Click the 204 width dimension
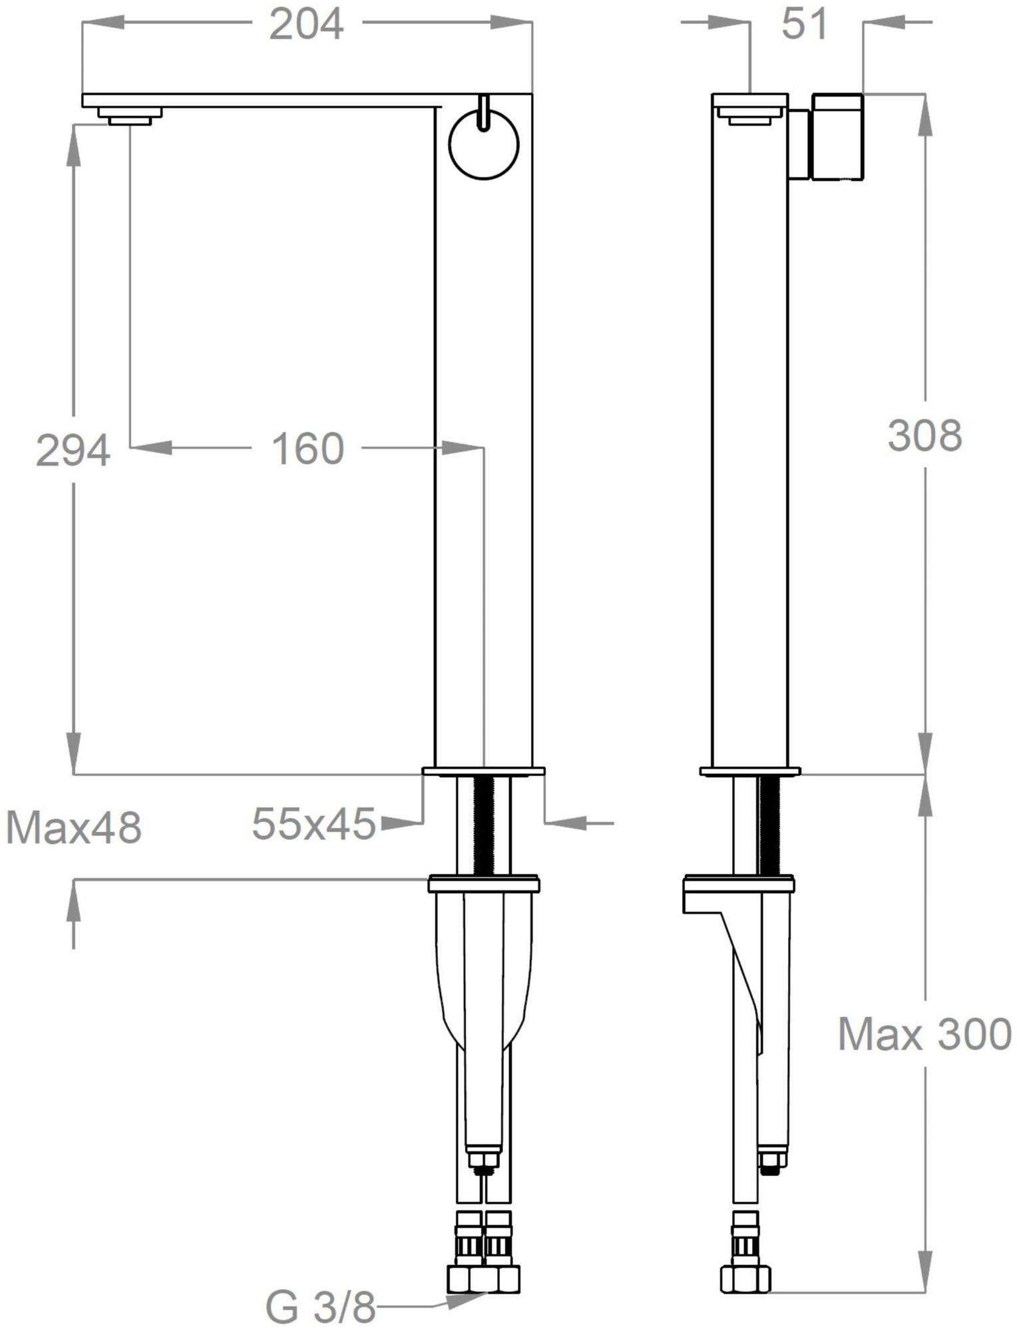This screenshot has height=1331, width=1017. pos(307,25)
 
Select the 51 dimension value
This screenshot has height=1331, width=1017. pos(804,25)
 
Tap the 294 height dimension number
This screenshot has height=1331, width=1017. pos(73,451)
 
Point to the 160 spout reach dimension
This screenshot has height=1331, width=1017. pos(307,449)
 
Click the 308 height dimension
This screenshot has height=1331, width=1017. pos(924,436)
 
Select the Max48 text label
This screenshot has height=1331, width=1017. pos(74,829)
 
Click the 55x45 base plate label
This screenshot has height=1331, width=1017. pos(313,824)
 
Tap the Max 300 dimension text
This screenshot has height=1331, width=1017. pos(924,1034)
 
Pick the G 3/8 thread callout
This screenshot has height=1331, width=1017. pos(321,1308)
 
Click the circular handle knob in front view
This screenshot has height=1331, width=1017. pos(484,145)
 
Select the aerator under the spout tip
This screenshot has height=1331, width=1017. pos(130,116)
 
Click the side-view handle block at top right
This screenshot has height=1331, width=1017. pos(837,136)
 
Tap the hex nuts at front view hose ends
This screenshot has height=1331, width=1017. pos(484,1278)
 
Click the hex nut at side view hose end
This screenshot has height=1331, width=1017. pos(745,1278)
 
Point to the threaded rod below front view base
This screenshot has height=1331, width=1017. pos(484,825)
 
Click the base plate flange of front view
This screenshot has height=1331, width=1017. pos(484,771)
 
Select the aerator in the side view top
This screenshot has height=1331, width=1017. pos(749,119)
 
